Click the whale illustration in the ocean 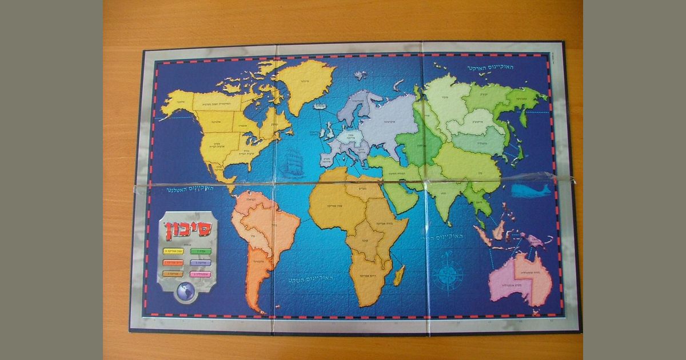coord(531,190)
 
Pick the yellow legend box coord(173,251)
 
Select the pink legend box coord(200,274)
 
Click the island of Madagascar coord(398,275)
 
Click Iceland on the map coord(318,106)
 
